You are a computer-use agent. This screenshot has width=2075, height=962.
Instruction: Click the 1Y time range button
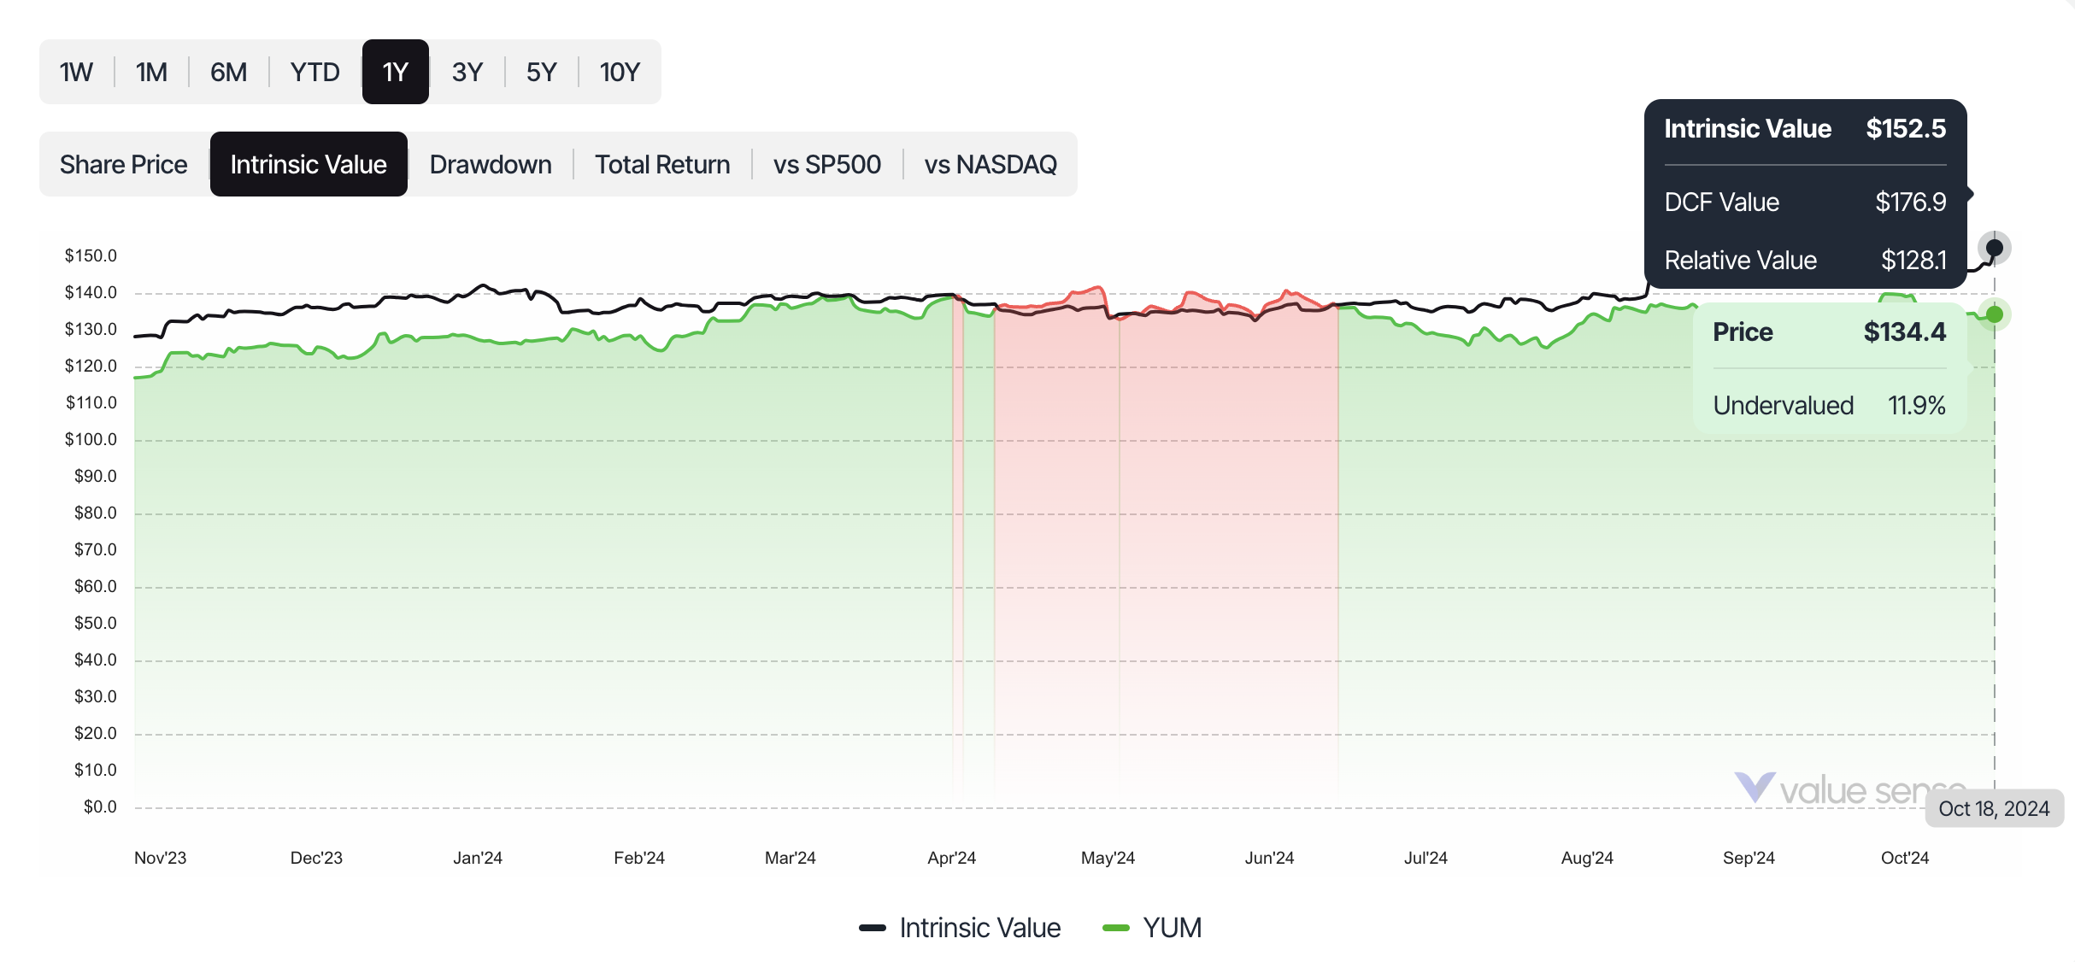click(x=395, y=72)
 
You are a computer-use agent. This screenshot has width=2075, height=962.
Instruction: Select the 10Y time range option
click(x=620, y=72)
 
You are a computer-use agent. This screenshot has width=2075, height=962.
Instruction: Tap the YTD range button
click(x=314, y=72)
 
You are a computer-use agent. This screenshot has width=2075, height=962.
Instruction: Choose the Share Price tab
click(x=124, y=164)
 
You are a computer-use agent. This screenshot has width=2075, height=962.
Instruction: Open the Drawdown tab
click(x=491, y=164)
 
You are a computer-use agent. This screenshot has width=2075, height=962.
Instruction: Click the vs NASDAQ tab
click(x=990, y=164)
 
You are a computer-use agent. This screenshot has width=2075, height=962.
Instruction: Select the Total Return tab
click(x=662, y=164)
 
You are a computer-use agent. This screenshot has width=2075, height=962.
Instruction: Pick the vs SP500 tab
click(x=826, y=164)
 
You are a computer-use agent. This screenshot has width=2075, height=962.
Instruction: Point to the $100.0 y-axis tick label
click(x=91, y=439)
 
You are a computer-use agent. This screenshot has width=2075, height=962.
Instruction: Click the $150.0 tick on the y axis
click(x=91, y=255)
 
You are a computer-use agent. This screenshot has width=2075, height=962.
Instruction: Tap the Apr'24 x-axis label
click(x=951, y=858)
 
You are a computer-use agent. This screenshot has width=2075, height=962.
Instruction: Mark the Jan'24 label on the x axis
click(x=478, y=858)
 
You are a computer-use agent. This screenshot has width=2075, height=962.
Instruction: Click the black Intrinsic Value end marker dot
click(x=1995, y=248)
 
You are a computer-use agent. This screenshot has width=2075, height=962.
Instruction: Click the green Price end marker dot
click(x=1995, y=314)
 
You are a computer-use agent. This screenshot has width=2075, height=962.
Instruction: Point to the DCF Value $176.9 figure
click(x=1910, y=202)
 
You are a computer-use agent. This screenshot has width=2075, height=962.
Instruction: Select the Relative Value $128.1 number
click(x=1913, y=261)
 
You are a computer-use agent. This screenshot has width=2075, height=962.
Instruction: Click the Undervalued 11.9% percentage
click(x=1916, y=406)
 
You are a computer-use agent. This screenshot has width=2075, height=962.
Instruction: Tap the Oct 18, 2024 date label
click(x=1994, y=809)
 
